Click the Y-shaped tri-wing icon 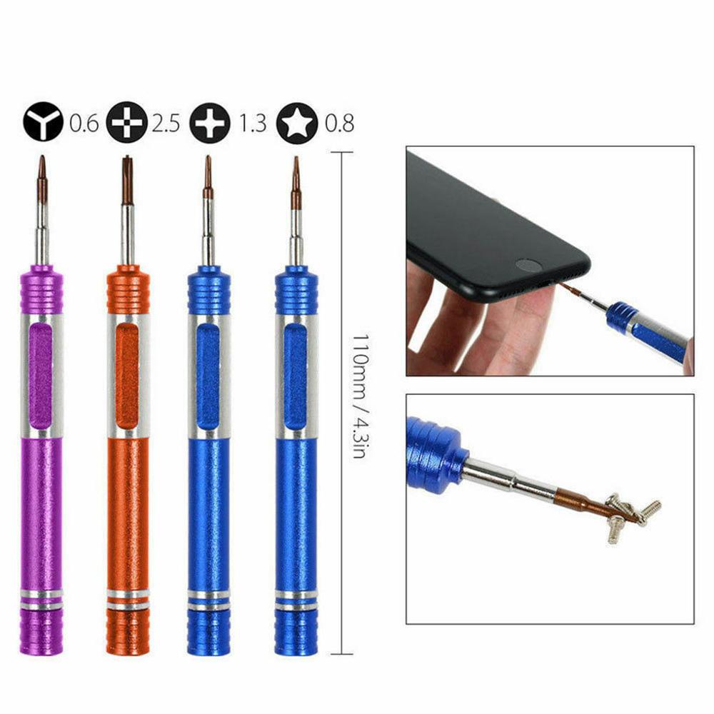click(44, 124)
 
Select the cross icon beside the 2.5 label click(127, 124)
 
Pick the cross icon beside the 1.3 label click(210, 124)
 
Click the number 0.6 click(84, 124)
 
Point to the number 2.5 click(166, 124)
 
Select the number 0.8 click(338, 124)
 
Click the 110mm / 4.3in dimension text click(361, 396)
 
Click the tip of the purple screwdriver click(42, 160)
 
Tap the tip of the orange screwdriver click(126, 160)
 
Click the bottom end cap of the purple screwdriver click(41, 633)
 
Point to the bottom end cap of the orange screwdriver click(128, 633)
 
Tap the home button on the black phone click(528, 265)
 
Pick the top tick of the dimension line click(342, 153)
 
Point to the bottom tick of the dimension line click(342, 653)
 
